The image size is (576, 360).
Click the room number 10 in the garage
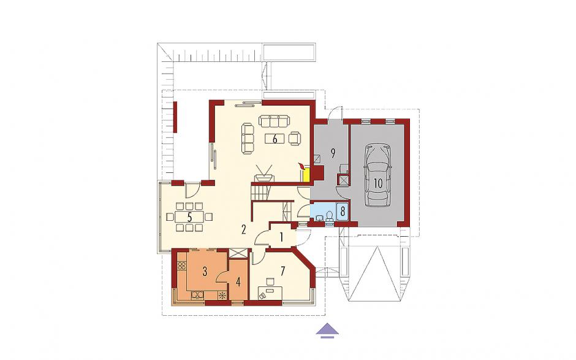[x=378, y=183]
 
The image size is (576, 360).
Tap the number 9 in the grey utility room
[x=333, y=153]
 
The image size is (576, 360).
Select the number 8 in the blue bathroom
[x=343, y=212]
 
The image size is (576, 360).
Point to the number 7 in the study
[x=282, y=271]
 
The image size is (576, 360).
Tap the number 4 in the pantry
[x=238, y=282]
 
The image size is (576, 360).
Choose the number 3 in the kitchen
[x=205, y=272]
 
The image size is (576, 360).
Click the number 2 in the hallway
[x=243, y=229]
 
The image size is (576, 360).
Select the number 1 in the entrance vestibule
[x=281, y=237]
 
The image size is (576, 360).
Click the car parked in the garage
[x=378, y=176]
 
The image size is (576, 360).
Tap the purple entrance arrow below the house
[x=327, y=330]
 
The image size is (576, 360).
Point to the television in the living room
[x=264, y=174]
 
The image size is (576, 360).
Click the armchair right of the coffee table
[x=295, y=138]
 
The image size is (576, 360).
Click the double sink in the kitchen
[x=197, y=295]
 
